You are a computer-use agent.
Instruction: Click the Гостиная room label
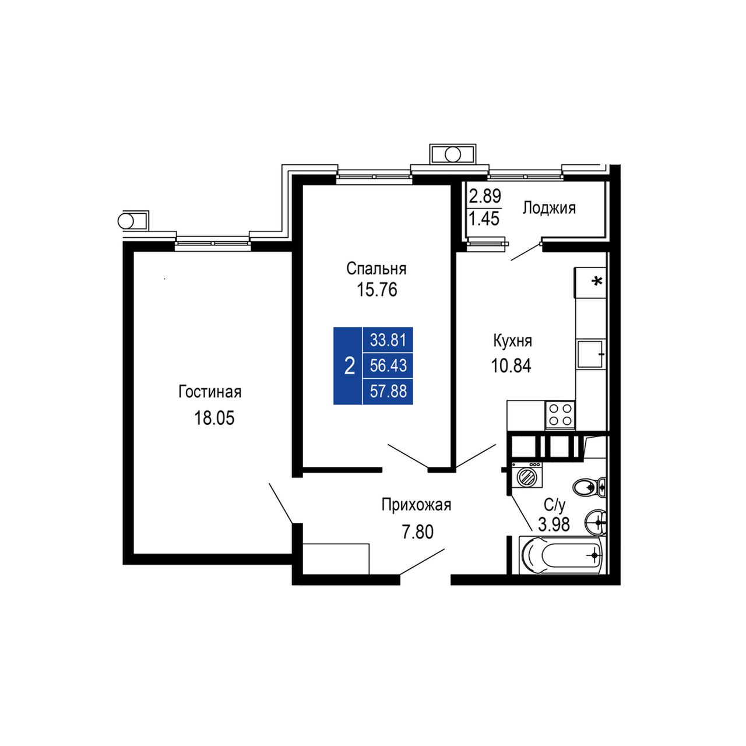(210, 392)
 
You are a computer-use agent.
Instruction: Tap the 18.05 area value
(214, 418)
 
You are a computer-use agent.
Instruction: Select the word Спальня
(376, 268)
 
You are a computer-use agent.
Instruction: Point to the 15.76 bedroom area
(376, 290)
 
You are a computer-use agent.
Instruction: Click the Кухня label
(512, 342)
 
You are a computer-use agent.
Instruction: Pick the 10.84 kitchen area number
(511, 365)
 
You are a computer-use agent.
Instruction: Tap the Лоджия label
(549, 208)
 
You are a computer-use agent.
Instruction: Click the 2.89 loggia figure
(485, 196)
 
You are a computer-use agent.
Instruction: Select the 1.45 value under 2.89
(484, 219)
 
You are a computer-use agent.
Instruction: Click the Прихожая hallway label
(417, 505)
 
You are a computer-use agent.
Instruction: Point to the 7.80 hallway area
(417, 532)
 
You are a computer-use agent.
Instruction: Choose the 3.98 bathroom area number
(554, 524)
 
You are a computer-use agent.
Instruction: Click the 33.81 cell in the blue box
(388, 340)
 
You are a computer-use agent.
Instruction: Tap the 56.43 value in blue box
(388, 365)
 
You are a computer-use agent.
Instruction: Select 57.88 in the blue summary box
(388, 391)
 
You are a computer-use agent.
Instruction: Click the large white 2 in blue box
(349, 366)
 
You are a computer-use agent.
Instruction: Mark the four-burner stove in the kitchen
(559, 414)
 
